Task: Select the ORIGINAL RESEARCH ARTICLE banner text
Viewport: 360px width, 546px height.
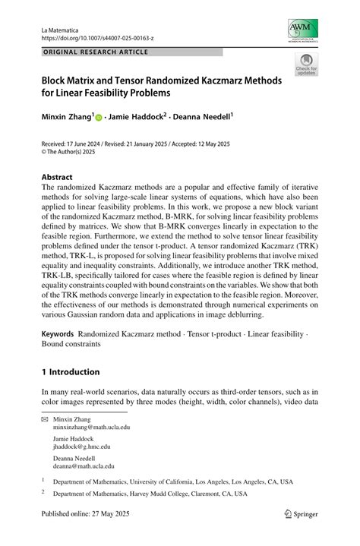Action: tap(95, 52)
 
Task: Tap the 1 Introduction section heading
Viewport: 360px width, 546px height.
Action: tap(71, 372)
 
